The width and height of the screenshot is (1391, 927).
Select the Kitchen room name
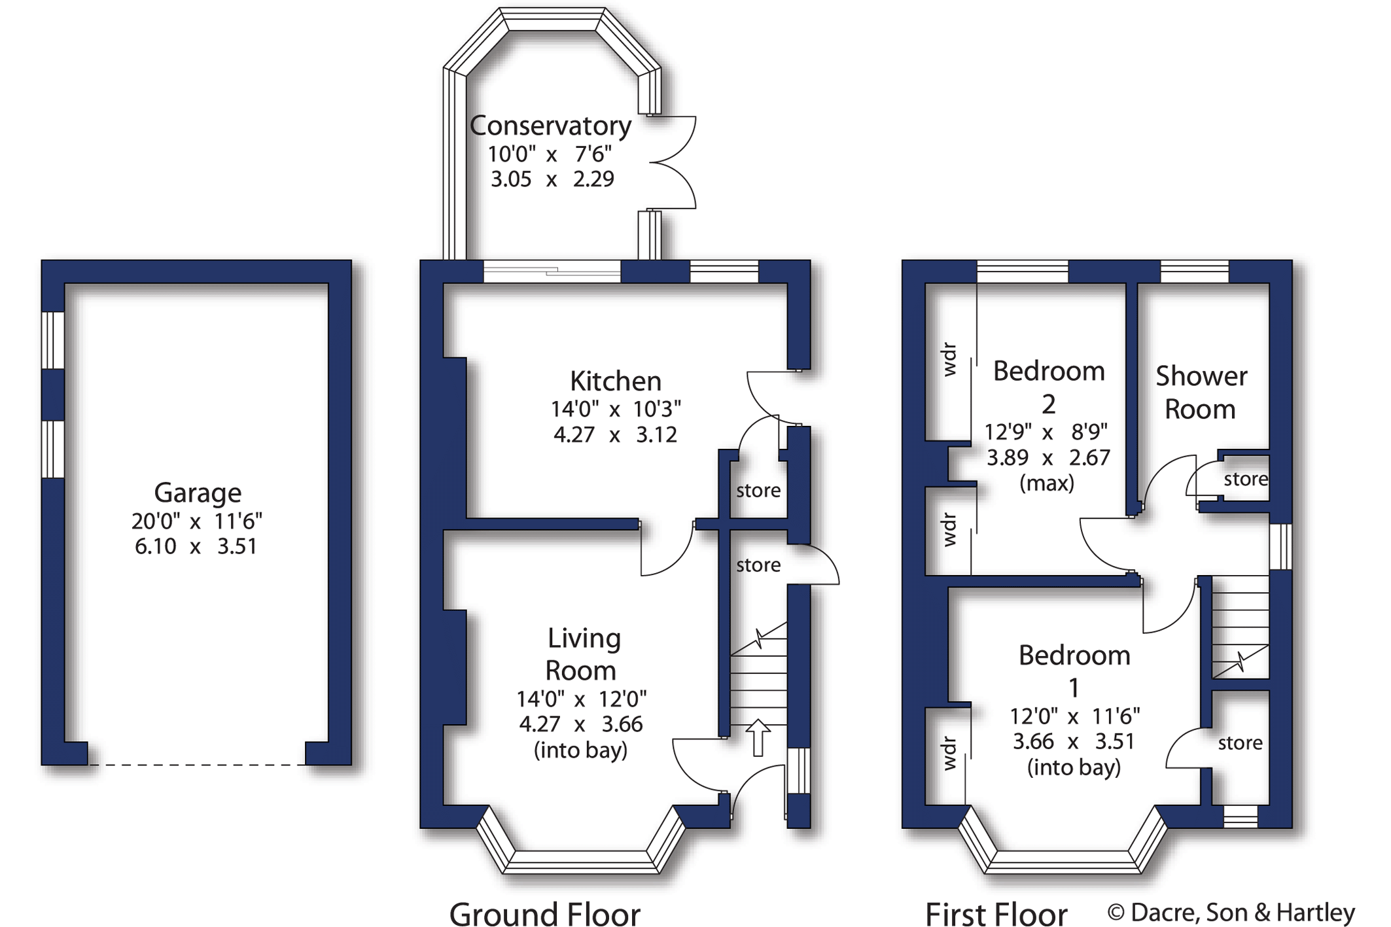tap(615, 381)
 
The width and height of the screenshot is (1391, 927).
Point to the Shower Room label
tap(1201, 393)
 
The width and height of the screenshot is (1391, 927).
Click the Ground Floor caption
tap(545, 913)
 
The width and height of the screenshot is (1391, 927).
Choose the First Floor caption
tap(996, 913)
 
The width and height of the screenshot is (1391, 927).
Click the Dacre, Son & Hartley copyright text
tap(1231, 913)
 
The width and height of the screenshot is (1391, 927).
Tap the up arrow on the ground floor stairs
tap(758, 737)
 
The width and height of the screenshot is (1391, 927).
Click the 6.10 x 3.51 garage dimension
tap(196, 546)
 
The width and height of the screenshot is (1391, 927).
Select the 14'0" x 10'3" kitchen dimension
tap(616, 410)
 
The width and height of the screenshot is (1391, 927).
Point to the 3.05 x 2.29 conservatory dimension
tap(552, 179)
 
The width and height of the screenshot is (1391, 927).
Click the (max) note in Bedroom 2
tap(1047, 483)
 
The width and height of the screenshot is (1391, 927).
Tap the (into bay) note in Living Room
tap(580, 750)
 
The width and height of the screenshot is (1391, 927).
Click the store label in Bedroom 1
tap(1240, 743)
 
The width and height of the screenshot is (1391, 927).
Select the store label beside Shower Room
tap(1246, 480)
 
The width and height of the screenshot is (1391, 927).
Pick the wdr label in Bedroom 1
tap(949, 754)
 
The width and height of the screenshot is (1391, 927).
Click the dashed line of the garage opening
tap(196, 764)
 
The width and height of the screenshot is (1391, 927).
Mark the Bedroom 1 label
tap(1074, 671)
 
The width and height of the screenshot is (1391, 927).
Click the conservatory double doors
tap(672, 162)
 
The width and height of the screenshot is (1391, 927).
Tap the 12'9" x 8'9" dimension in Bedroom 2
tap(1046, 432)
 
